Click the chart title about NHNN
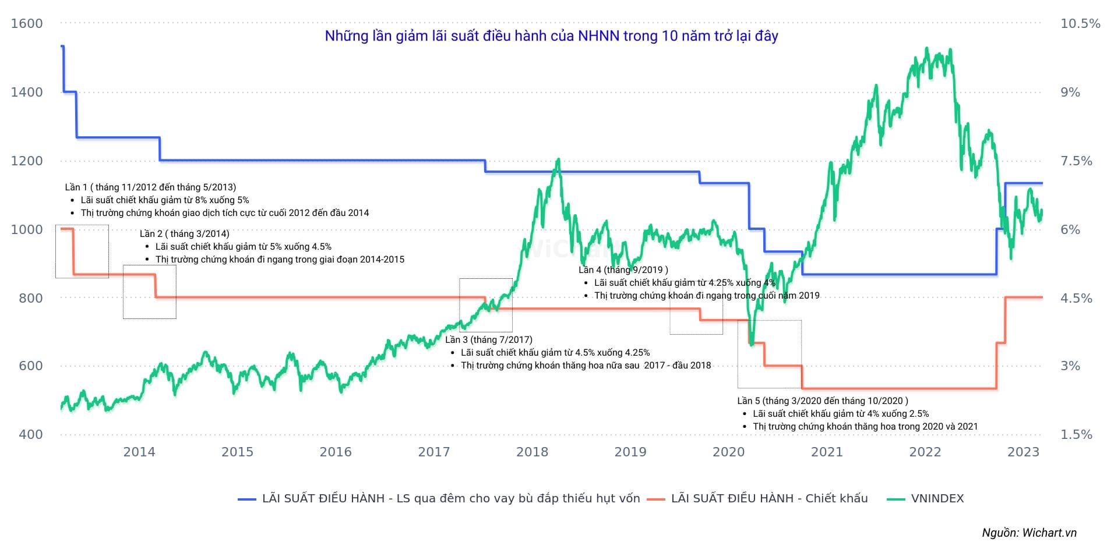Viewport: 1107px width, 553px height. (551, 36)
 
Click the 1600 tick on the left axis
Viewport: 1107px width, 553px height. (27, 24)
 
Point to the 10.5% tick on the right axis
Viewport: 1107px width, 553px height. (1080, 24)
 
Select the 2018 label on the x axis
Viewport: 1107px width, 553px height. (532, 452)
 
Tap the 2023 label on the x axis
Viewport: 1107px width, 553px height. (1024, 452)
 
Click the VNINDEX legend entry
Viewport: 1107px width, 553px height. (937, 499)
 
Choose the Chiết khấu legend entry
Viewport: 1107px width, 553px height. (769, 499)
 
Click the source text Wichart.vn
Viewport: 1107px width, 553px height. (1029, 533)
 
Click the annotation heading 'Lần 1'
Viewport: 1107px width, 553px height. (150, 187)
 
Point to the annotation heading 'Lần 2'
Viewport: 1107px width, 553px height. (184, 234)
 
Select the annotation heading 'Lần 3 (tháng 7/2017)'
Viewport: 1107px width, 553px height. (488, 340)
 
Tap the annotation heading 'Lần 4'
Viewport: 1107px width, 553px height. (623, 270)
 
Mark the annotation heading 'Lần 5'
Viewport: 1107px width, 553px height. (822, 401)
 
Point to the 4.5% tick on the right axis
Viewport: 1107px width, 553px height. (1076, 298)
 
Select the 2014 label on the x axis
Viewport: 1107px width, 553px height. (139, 452)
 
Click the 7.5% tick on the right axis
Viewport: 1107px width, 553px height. (1076, 161)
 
